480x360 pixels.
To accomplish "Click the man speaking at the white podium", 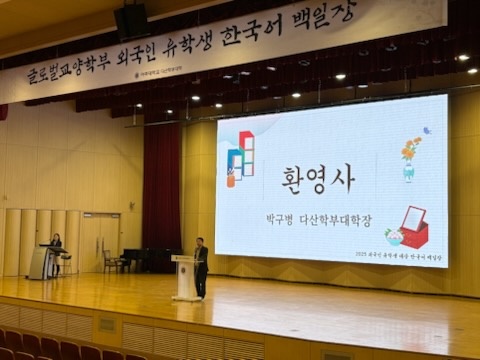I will [201, 265].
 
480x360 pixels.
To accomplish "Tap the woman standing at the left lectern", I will [56, 250].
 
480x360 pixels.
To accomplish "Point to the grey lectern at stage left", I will [43, 262].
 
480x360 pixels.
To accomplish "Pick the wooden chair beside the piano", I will [110, 261].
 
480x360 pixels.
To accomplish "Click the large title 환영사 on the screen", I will [318, 178].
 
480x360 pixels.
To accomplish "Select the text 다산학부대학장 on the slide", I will [341, 215].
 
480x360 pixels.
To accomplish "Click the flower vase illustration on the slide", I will [410, 158].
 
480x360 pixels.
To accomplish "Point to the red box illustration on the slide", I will [413, 228].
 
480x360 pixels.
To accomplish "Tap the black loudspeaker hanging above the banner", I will [131, 20].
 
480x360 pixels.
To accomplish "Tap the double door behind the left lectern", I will [100, 241].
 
